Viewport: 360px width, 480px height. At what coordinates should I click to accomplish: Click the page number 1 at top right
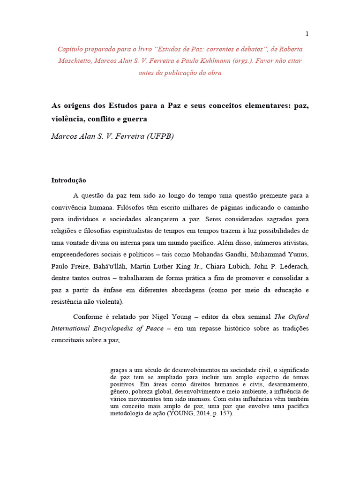(307, 33)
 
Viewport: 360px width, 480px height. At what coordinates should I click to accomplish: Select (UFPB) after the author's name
(160, 136)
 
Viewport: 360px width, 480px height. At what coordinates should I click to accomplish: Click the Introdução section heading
(68, 180)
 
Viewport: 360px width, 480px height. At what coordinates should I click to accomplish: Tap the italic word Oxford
(298, 316)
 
